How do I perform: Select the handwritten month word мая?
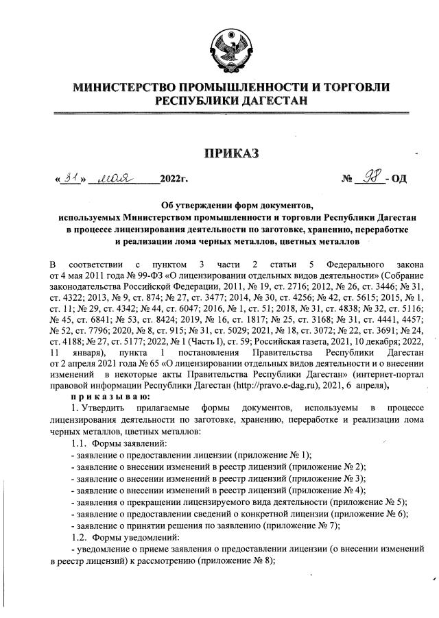[116, 178]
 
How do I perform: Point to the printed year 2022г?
[173, 180]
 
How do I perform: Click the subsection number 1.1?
[80, 443]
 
